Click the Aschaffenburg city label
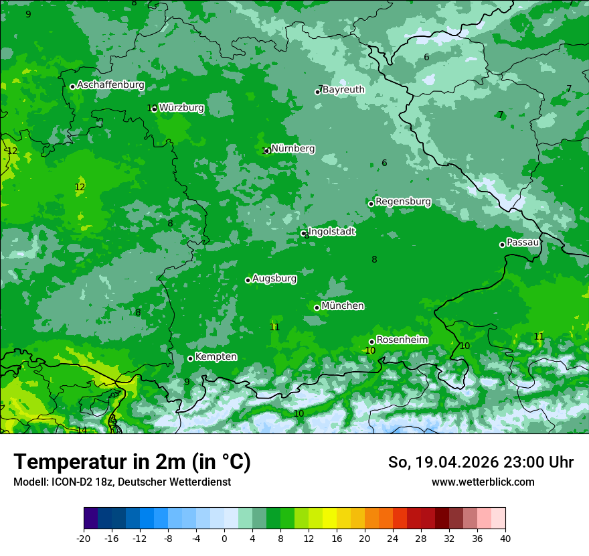110,85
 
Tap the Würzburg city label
181,107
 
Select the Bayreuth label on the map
343,89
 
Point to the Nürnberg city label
292,148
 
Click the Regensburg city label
403,201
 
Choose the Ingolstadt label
331,231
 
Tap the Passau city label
523,242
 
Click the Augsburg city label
274,278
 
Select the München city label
343,305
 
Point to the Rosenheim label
402,340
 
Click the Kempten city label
216,356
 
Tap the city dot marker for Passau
502,245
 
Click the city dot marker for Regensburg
371,204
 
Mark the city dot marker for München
317,307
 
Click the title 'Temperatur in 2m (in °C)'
132,462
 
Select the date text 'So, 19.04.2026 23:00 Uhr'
481,462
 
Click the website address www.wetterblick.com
483,482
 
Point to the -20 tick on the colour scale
84,538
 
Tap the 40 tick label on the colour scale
505,538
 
